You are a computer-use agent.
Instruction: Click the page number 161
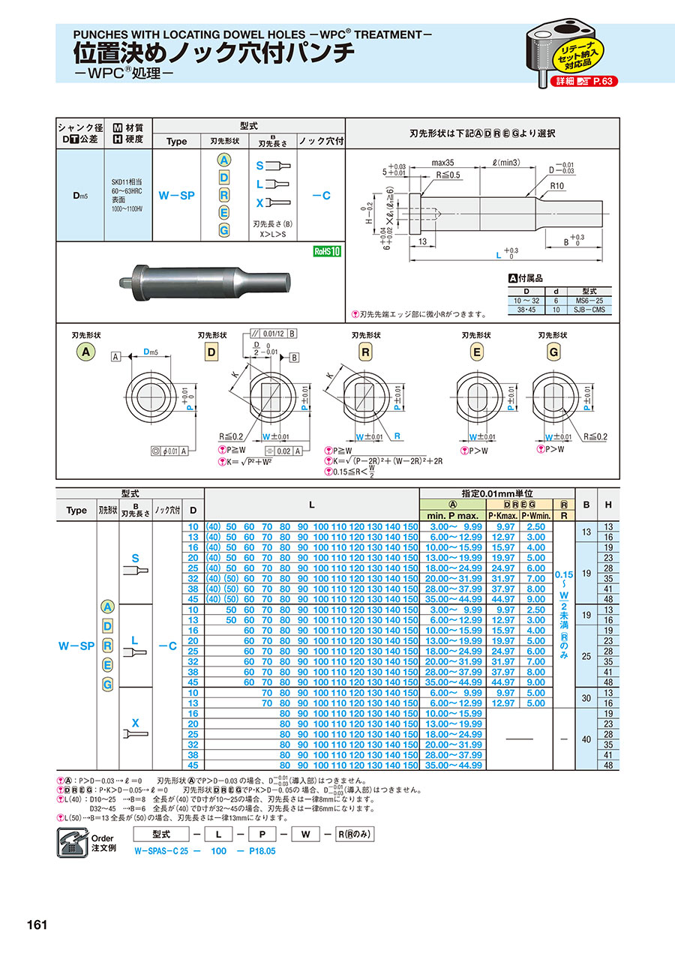point(36,924)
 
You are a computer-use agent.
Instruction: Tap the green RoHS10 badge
point(326,251)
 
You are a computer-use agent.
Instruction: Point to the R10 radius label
point(556,185)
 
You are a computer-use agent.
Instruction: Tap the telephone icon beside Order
point(72,843)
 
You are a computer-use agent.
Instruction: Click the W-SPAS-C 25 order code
point(163,852)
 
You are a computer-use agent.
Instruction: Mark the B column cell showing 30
point(587,697)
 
